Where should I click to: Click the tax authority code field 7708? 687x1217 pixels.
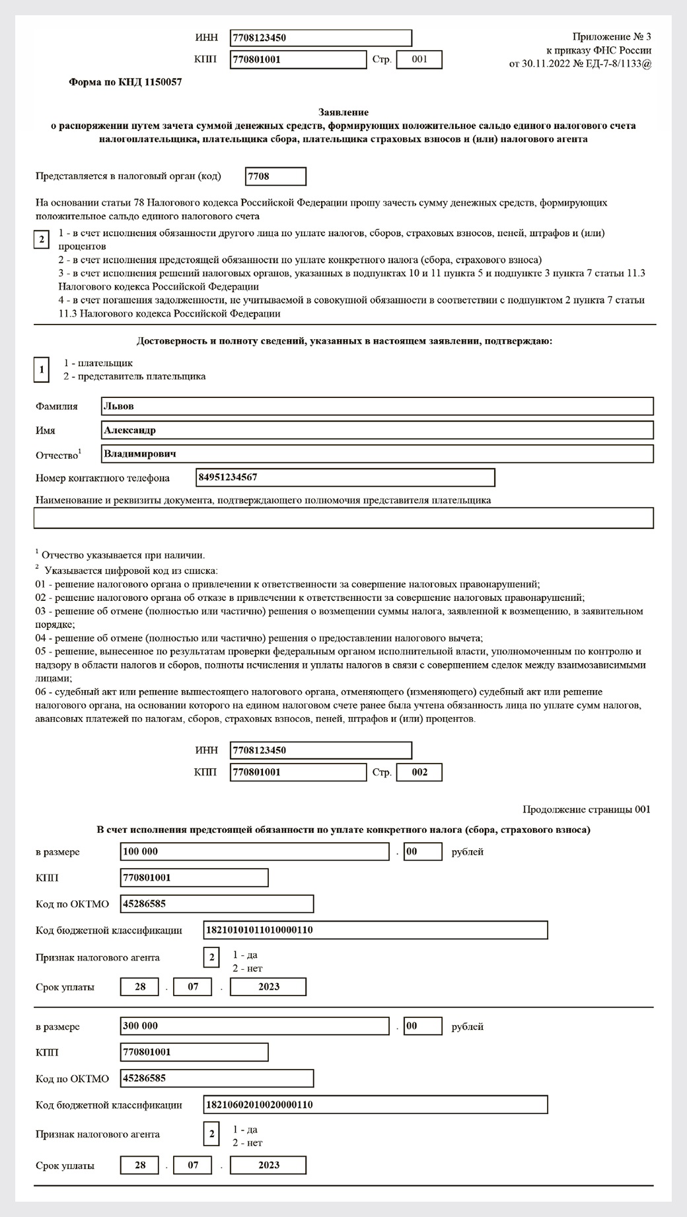tap(275, 177)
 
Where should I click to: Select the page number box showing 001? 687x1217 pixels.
tap(419, 59)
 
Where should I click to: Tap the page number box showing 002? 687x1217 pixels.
tap(419, 772)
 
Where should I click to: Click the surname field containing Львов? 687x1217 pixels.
tap(377, 407)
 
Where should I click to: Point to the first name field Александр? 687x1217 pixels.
tap(377, 430)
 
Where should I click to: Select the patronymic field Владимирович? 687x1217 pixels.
tap(377, 454)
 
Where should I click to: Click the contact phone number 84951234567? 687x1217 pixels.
tap(345, 477)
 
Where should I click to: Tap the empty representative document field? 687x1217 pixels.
tap(343, 518)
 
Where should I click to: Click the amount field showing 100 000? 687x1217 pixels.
tap(255, 851)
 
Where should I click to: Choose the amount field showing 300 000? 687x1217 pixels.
tap(255, 1027)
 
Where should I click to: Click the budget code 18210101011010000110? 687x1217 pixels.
tap(375, 930)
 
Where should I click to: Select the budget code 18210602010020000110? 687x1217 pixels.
tap(375, 1105)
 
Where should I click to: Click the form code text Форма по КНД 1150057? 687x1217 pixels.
tap(126, 83)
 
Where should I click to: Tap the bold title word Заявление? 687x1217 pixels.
tap(343, 112)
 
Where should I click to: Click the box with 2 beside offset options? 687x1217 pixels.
tap(41, 239)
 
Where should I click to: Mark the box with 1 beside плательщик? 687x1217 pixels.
tap(42, 370)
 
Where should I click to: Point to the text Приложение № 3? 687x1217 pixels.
tap(612, 36)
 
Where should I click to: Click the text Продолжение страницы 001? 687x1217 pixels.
tap(587, 809)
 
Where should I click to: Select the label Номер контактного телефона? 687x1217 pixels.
tap(102, 478)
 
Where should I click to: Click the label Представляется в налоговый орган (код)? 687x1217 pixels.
tap(128, 177)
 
